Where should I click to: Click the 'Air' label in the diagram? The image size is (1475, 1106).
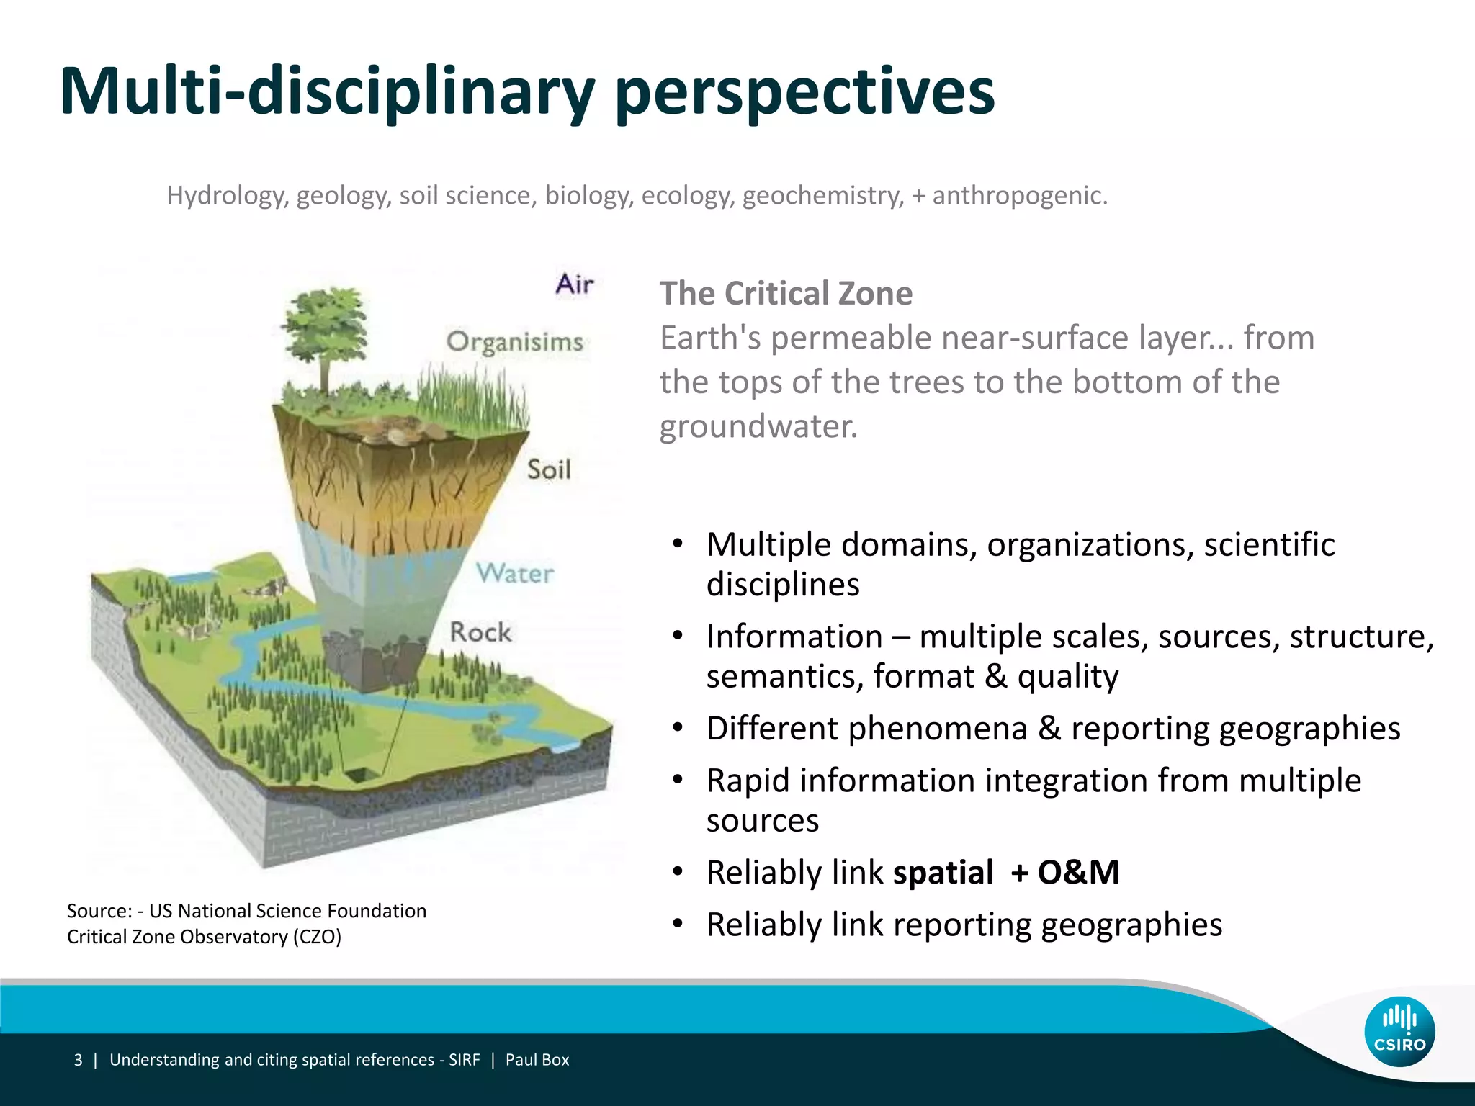click(x=574, y=284)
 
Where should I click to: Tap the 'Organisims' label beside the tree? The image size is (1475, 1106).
click(x=514, y=341)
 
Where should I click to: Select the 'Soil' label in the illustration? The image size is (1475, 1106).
click(x=549, y=469)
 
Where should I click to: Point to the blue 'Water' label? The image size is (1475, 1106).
click(x=515, y=573)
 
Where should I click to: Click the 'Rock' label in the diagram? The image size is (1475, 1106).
click(x=480, y=632)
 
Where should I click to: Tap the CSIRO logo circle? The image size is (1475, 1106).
click(x=1399, y=1031)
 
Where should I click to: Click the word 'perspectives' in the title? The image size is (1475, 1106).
click(x=804, y=92)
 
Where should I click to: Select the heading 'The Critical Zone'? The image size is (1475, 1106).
click(x=786, y=294)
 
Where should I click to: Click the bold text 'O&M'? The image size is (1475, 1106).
click(x=1078, y=873)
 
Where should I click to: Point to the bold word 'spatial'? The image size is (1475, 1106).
click(x=943, y=873)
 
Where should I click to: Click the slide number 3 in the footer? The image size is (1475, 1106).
click(x=78, y=1060)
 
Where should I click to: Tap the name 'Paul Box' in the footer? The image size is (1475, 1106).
click(x=537, y=1060)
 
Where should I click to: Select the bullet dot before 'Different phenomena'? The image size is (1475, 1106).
click(x=677, y=728)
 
